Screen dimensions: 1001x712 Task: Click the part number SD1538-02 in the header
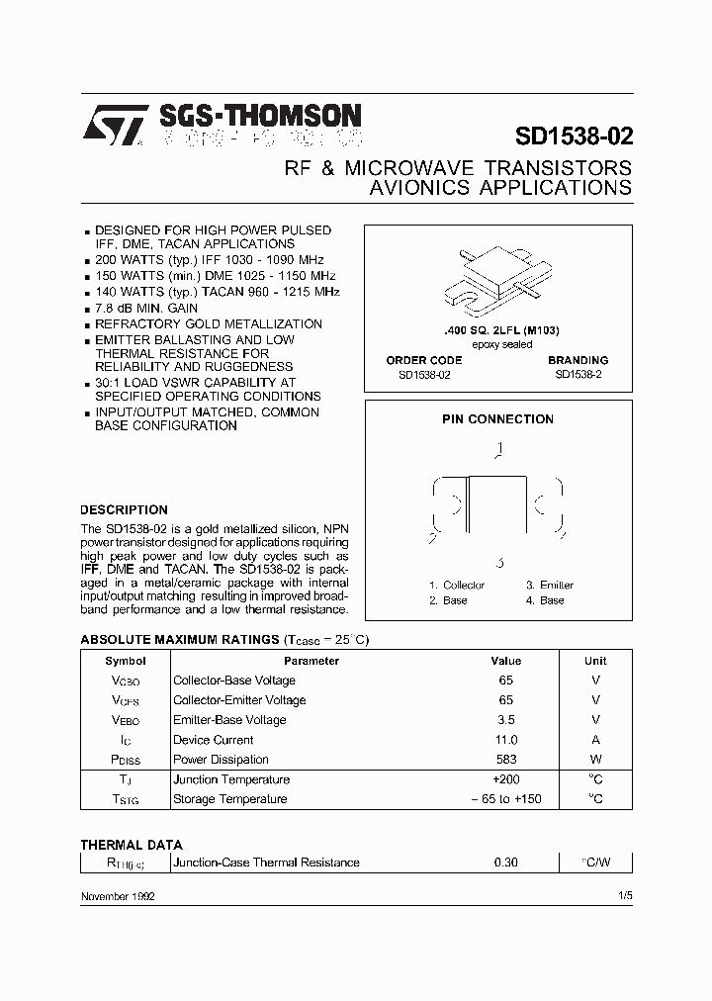click(x=574, y=136)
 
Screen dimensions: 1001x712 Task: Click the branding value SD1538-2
click(x=579, y=374)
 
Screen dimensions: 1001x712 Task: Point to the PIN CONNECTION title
click(x=497, y=419)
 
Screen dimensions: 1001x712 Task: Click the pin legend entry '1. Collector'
click(x=457, y=585)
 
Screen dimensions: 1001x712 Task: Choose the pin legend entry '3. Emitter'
click(x=550, y=585)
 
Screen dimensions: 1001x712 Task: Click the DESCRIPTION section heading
click(x=124, y=510)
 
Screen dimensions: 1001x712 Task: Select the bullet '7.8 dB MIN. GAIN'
click(x=146, y=309)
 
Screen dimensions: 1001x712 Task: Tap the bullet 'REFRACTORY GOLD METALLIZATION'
click(x=208, y=324)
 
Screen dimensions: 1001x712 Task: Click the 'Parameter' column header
click(x=311, y=661)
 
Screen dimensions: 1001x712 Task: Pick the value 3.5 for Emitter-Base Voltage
click(x=505, y=720)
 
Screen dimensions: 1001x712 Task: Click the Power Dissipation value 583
click(x=505, y=760)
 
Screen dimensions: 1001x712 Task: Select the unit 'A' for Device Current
click(x=595, y=740)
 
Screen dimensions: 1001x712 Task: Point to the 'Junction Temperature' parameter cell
click(x=231, y=779)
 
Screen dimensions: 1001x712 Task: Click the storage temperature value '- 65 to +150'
click(x=505, y=799)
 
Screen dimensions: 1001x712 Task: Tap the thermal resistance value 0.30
click(x=505, y=863)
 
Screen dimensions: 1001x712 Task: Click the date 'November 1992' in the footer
click(x=117, y=895)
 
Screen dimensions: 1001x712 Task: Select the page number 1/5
click(x=623, y=895)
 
